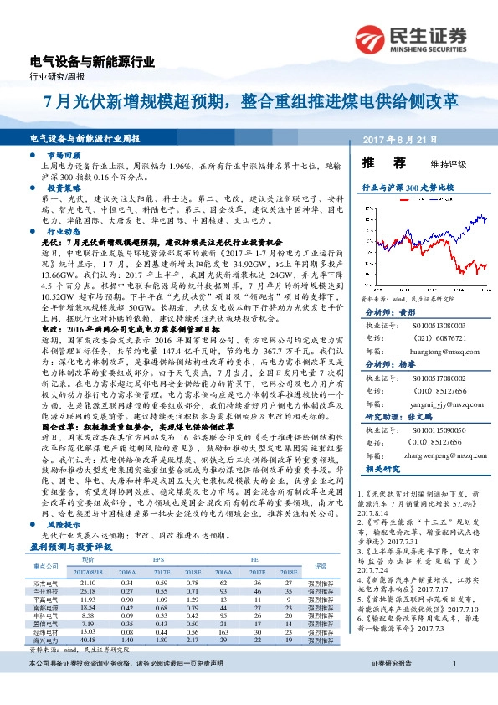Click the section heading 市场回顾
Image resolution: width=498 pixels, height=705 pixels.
click(x=64, y=157)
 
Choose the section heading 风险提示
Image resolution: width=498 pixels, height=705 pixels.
click(x=64, y=522)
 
